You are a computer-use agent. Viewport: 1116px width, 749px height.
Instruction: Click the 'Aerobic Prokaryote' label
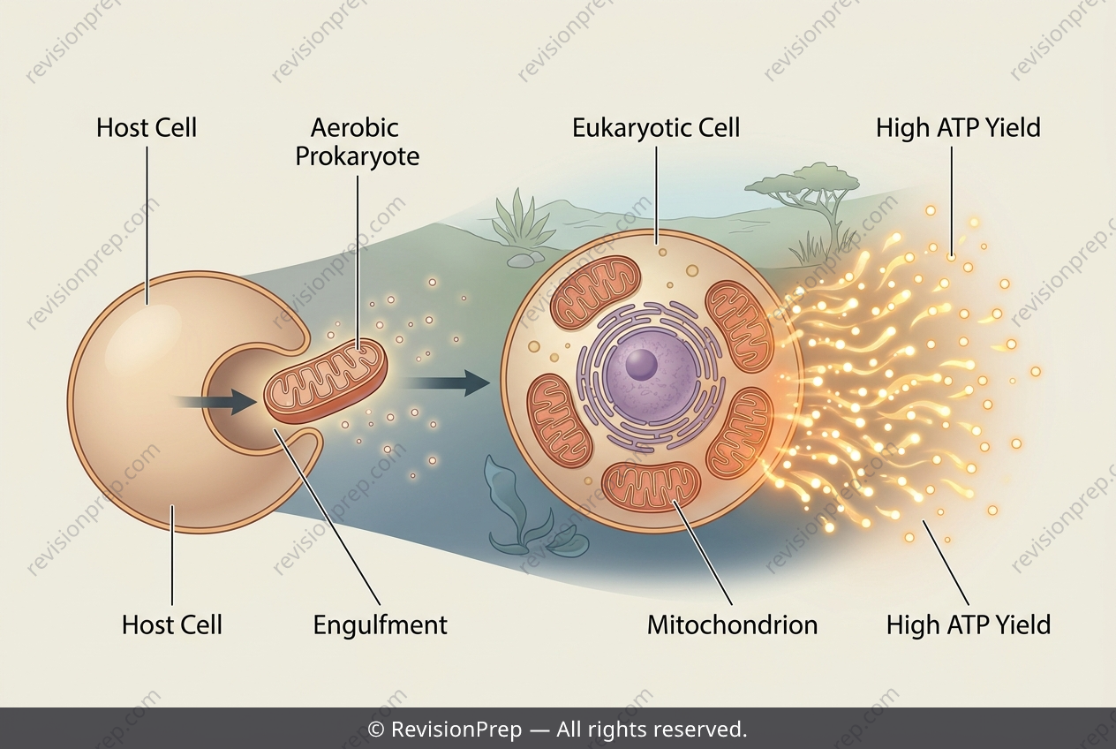(358, 142)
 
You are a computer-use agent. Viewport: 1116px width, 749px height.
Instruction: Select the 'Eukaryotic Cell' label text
(656, 127)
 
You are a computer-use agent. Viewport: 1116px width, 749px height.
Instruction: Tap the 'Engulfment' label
(381, 625)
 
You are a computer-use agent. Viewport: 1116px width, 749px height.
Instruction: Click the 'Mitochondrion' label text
(733, 625)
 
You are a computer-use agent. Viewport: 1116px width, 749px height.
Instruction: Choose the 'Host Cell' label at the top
(147, 127)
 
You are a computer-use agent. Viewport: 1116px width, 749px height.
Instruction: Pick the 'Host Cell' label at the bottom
(172, 625)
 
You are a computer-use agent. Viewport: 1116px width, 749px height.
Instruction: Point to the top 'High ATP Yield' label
(958, 127)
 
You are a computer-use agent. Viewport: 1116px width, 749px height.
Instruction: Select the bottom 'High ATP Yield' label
(968, 625)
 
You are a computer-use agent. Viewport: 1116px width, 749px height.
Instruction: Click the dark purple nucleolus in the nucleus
(641, 363)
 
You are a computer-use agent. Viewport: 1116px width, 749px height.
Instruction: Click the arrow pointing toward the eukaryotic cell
(444, 382)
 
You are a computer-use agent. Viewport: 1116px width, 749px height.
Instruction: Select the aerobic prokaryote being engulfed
(325, 382)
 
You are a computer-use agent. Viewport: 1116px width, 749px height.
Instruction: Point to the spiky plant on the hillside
(518, 219)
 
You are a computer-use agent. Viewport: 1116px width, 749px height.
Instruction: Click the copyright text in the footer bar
(557, 730)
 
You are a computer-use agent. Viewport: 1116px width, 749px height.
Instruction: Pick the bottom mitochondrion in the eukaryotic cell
(651, 486)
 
